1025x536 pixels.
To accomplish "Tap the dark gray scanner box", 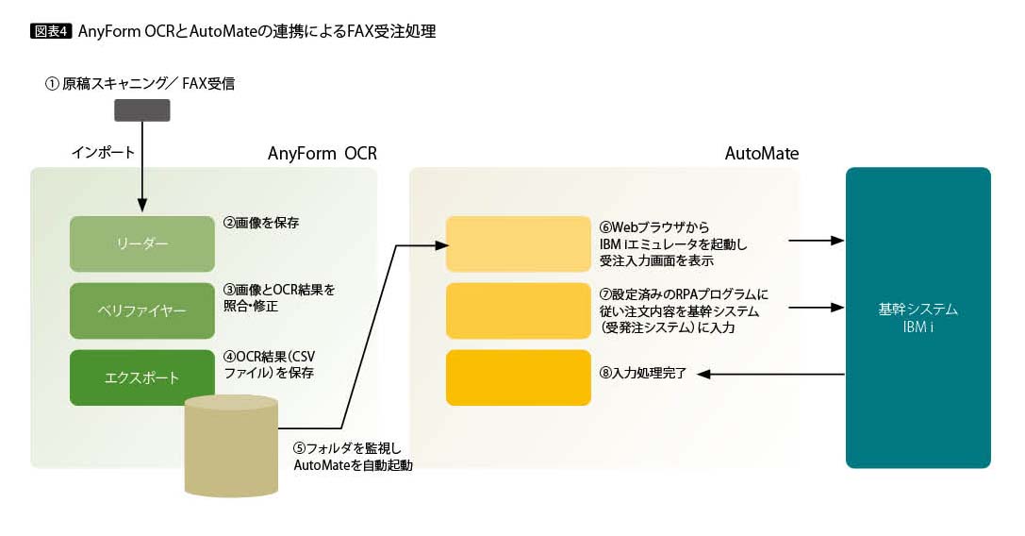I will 141,110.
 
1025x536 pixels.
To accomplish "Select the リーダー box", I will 142,243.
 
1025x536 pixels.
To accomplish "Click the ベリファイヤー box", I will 142,310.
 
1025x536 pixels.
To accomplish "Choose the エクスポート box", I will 142,377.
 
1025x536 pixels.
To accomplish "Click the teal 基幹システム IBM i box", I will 918,318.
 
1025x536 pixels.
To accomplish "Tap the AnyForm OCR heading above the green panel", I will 322,154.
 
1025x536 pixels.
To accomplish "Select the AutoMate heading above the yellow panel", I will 762,154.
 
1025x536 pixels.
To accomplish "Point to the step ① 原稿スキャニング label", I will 140,83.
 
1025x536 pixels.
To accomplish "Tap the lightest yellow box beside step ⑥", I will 518,243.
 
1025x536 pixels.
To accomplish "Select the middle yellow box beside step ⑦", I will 518,310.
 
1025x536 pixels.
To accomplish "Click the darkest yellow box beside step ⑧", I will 518,377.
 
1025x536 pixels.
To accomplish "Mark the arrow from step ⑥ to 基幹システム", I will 816,241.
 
